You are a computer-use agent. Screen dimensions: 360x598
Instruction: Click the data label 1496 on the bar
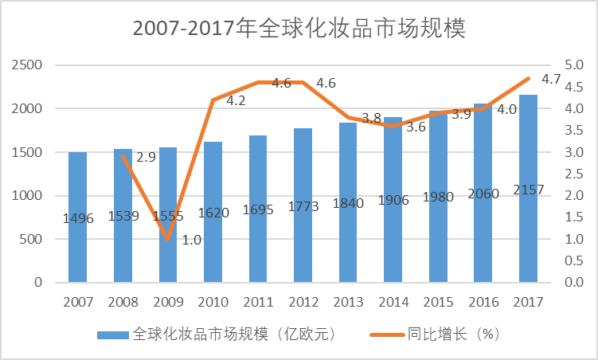(77, 219)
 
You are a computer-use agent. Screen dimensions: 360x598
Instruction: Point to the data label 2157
(528, 213)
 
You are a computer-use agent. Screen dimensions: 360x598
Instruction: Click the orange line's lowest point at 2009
(168, 239)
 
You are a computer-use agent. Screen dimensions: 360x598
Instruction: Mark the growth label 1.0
(191, 240)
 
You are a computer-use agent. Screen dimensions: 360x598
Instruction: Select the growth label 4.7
(551, 80)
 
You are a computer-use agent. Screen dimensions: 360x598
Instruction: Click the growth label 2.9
(146, 158)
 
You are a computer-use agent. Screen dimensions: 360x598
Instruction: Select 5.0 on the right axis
(573, 65)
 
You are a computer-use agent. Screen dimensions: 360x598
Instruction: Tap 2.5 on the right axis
(573, 174)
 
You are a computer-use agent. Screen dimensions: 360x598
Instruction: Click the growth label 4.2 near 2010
(236, 101)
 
